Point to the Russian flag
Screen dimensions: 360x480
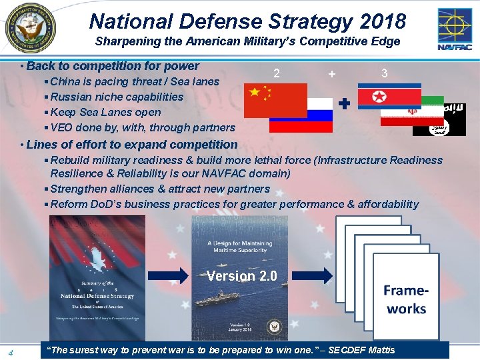(x=301, y=115)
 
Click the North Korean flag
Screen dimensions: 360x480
(x=389, y=96)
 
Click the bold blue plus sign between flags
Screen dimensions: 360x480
(x=344, y=104)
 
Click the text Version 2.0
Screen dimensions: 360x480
(x=242, y=276)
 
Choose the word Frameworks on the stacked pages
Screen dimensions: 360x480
(x=406, y=299)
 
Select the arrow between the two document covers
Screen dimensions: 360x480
(x=168, y=275)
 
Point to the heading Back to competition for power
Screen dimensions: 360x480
(x=113, y=66)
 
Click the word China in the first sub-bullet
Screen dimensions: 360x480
(x=65, y=81)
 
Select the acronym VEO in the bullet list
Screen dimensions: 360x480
(x=62, y=127)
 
